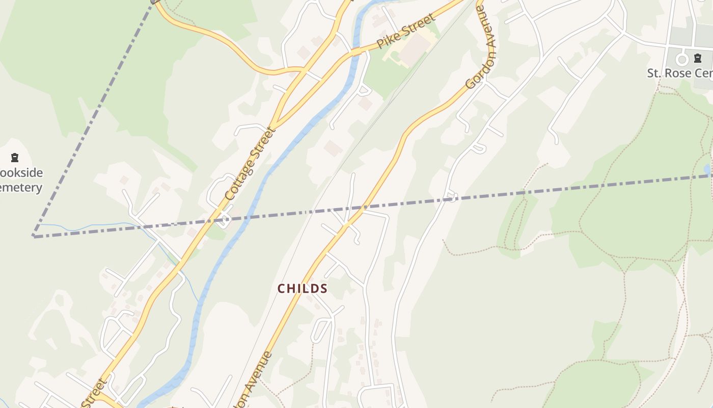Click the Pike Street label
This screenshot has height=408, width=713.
point(406,31)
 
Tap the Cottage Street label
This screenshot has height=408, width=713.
point(250,163)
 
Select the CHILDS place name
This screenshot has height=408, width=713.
point(303,289)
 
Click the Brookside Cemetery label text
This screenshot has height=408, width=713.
point(20,180)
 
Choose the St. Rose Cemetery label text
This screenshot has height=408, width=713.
point(680,73)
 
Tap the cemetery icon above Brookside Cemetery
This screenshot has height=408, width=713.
point(15,158)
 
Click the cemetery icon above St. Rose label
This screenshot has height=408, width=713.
point(697,58)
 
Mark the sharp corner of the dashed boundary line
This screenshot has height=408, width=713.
point(34,236)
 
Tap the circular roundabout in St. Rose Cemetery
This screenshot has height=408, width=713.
point(682,60)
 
